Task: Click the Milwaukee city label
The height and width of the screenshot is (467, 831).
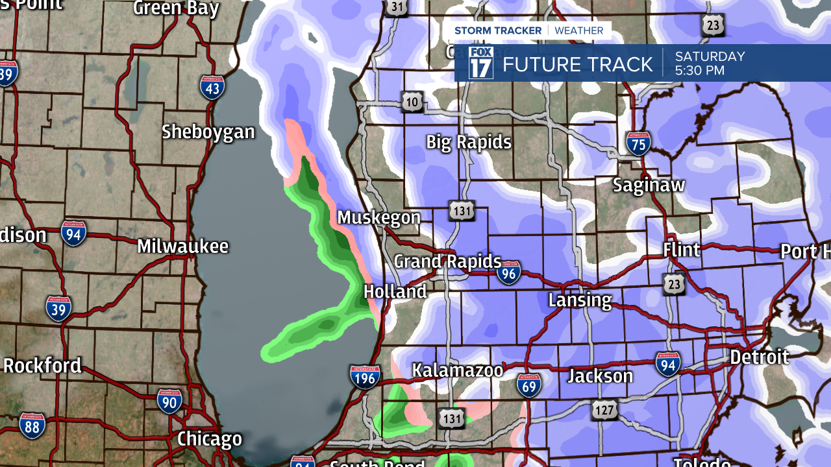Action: tap(182, 246)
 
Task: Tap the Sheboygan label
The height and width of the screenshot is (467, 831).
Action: tap(208, 132)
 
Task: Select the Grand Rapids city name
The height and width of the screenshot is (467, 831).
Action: tap(447, 261)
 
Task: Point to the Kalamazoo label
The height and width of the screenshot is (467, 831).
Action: tap(458, 370)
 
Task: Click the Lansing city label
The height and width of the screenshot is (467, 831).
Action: tap(580, 300)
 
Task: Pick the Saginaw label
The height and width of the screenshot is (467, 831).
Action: tap(649, 185)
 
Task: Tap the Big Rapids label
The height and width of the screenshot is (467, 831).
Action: tap(468, 142)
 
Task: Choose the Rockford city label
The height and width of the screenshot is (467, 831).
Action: tap(42, 365)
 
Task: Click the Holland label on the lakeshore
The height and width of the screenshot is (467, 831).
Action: tap(395, 291)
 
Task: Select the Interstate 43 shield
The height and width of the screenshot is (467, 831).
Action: tap(212, 86)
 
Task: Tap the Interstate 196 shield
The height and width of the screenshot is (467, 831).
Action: tap(364, 377)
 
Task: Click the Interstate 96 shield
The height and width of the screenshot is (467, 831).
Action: tap(509, 273)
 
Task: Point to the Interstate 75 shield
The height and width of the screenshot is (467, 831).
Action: tap(638, 143)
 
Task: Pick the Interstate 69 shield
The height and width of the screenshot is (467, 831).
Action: tap(529, 385)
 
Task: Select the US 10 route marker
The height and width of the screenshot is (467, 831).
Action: tap(414, 101)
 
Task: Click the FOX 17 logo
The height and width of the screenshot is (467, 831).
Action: tap(481, 63)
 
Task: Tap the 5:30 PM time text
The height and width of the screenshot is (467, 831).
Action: tap(699, 70)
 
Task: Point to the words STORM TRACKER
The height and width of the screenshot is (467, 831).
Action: tap(498, 30)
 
